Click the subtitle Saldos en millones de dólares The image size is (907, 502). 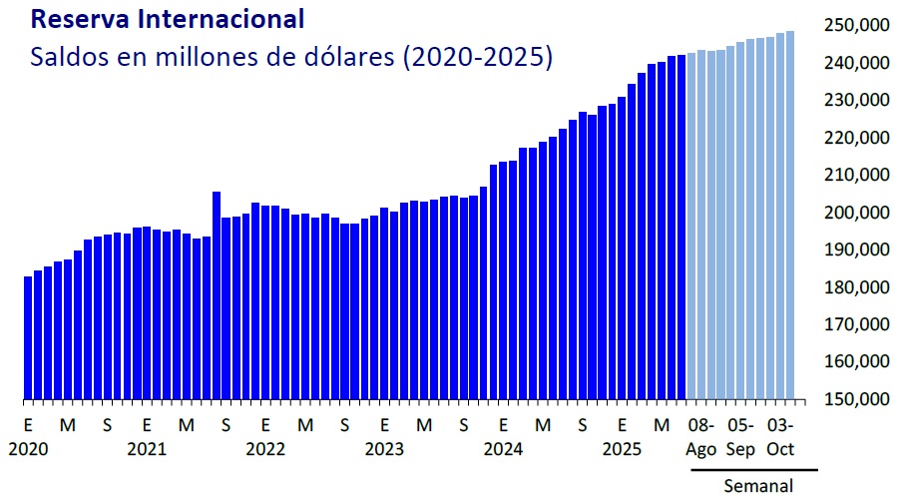click(x=290, y=57)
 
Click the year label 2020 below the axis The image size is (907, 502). click(x=27, y=449)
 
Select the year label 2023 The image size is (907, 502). click(x=384, y=449)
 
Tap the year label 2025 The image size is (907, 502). click(x=623, y=449)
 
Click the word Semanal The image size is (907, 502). click(x=758, y=486)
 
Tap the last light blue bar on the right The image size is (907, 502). click(x=790, y=215)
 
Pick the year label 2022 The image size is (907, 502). click(x=265, y=449)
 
